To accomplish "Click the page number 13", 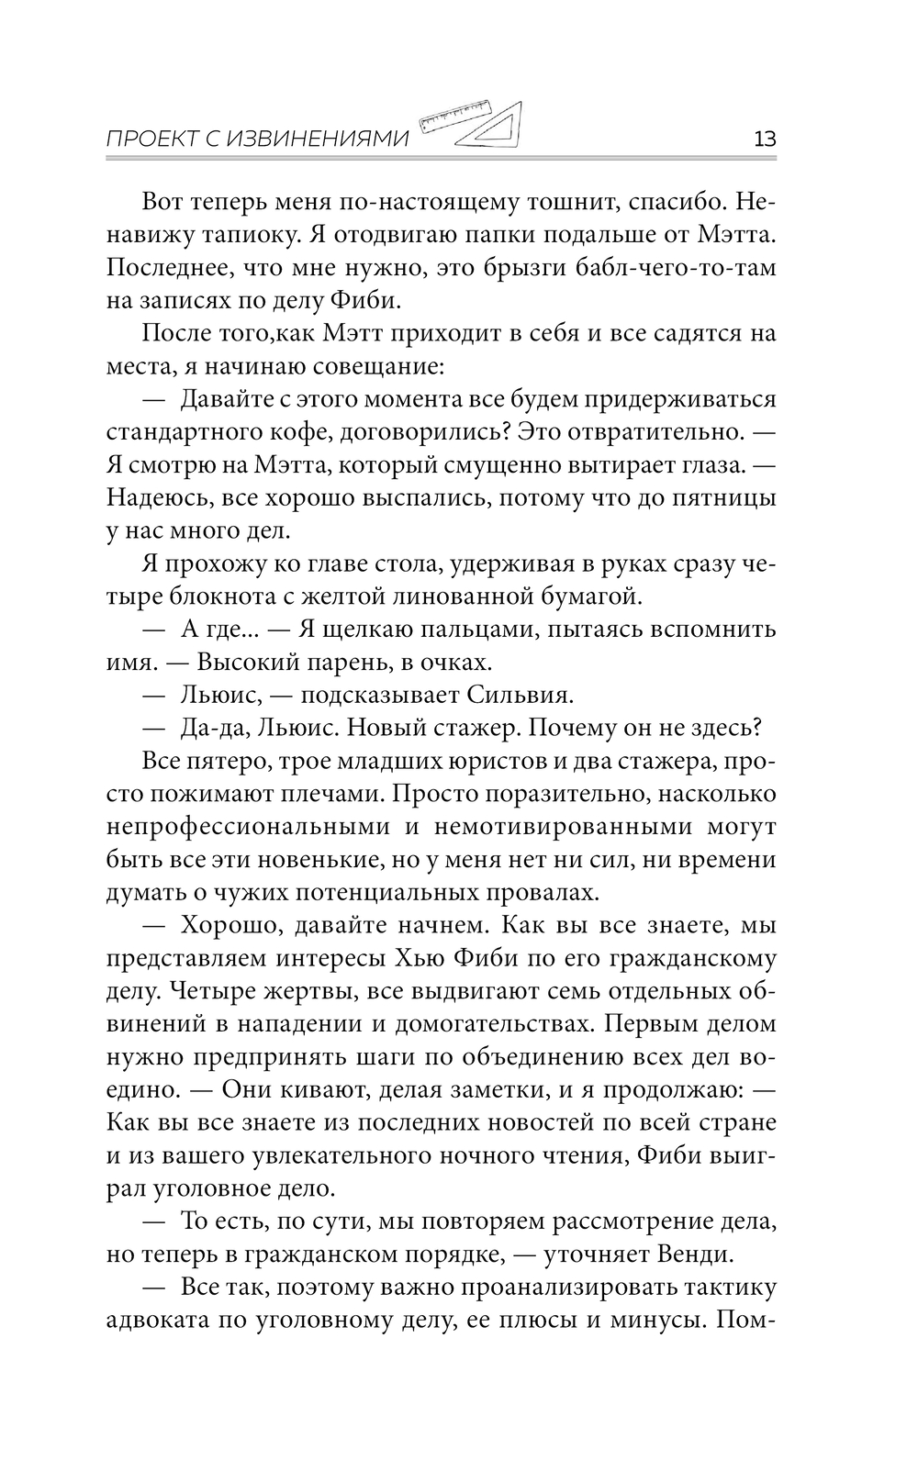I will pyautogui.click(x=764, y=139).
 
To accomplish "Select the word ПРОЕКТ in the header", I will pyautogui.click(x=150, y=139).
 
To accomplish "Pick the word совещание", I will pyautogui.click(x=370, y=367).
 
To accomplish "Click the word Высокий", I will pyautogui.click(x=251, y=662).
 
